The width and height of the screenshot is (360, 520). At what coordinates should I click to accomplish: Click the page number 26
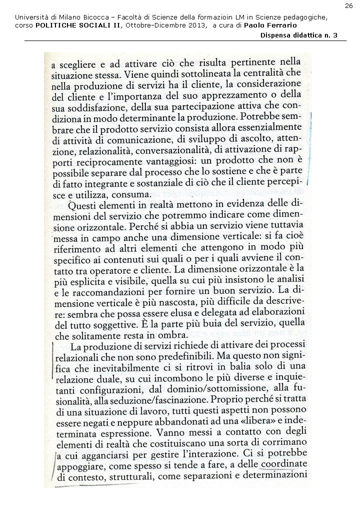348,5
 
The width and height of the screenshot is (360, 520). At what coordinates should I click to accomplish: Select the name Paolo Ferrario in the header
274,25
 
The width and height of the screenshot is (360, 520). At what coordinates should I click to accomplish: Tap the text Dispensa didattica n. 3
298,35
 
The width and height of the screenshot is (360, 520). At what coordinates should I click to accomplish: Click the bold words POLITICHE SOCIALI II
77,25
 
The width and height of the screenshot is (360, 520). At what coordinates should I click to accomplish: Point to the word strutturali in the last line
130,476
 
